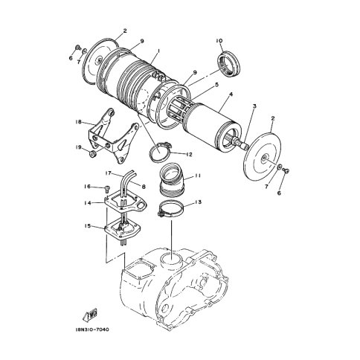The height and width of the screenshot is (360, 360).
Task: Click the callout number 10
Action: [219, 41]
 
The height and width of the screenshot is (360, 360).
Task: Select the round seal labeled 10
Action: [229, 63]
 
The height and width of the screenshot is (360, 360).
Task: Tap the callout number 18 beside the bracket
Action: [79, 122]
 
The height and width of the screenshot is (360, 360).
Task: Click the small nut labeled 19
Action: [93, 154]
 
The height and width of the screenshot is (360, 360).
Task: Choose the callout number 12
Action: [189, 155]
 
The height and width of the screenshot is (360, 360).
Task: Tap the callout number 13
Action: [198, 202]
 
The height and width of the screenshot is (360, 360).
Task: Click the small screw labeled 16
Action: [108, 189]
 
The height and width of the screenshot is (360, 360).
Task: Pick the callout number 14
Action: [87, 203]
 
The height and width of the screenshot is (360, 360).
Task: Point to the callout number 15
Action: [87, 226]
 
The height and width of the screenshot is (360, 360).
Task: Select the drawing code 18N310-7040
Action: [91, 330]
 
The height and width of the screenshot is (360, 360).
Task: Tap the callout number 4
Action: [231, 94]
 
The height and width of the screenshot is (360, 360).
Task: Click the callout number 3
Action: [254, 106]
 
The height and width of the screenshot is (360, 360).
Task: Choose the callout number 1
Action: [158, 51]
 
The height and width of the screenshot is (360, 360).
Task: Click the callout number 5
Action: [216, 85]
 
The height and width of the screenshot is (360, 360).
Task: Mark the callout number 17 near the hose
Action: [108, 173]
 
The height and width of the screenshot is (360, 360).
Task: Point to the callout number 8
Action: [144, 186]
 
